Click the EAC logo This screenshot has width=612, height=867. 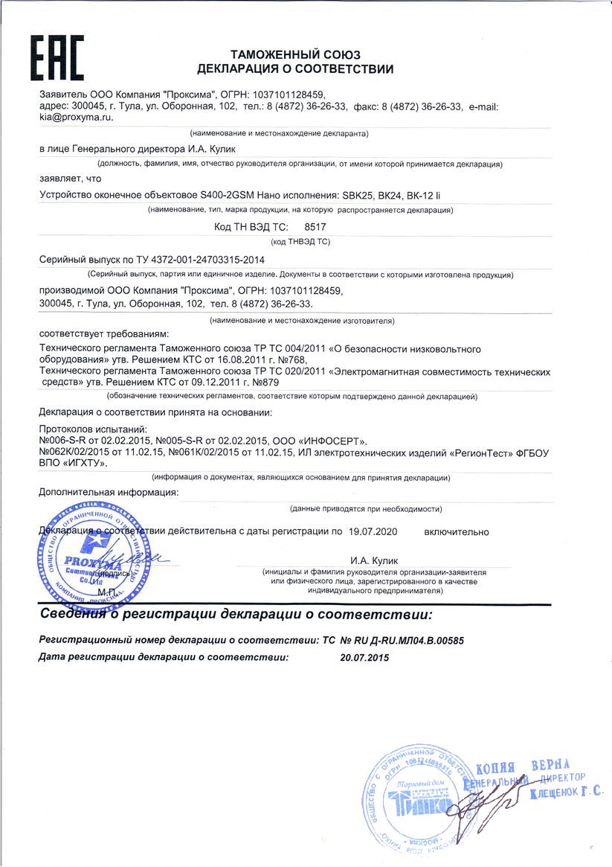click(x=57, y=59)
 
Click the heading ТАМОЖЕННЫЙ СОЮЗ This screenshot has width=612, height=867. click(x=295, y=55)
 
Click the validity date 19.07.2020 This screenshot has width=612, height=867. click(x=373, y=531)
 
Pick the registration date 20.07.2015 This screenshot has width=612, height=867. click(x=364, y=657)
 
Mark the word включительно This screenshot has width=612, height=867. click(x=457, y=531)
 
